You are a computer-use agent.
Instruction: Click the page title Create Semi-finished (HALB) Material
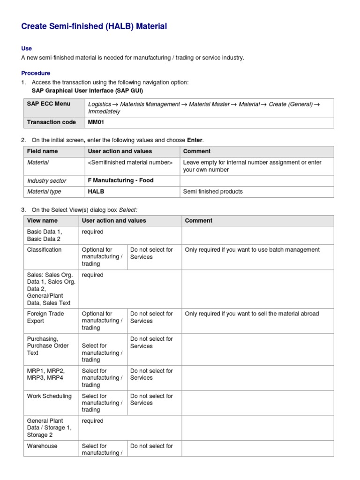pos(94,26)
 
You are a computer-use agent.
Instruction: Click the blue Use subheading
pos(27,48)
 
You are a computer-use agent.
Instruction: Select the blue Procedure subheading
pos(36,73)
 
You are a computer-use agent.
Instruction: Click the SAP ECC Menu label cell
pos(49,104)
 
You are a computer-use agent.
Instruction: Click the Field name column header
pos(43,151)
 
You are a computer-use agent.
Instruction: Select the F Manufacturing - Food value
pos(120,180)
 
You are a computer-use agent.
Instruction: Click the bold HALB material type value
pos(96,192)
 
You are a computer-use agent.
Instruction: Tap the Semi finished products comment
pos(213,192)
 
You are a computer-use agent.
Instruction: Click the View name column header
pos(43,221)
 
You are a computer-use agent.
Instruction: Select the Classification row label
pos(44,250)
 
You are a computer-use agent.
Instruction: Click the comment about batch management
pos(252,250)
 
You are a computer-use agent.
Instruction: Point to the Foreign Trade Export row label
pos(45,317)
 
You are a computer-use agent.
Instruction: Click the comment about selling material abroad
pos(252,314)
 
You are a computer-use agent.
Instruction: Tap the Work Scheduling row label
pos(49,396)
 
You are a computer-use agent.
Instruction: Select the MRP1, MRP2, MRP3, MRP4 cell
pos(44,374)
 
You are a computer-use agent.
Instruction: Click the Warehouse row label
pos(42,446)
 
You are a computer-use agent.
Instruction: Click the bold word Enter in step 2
pos(195,140)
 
